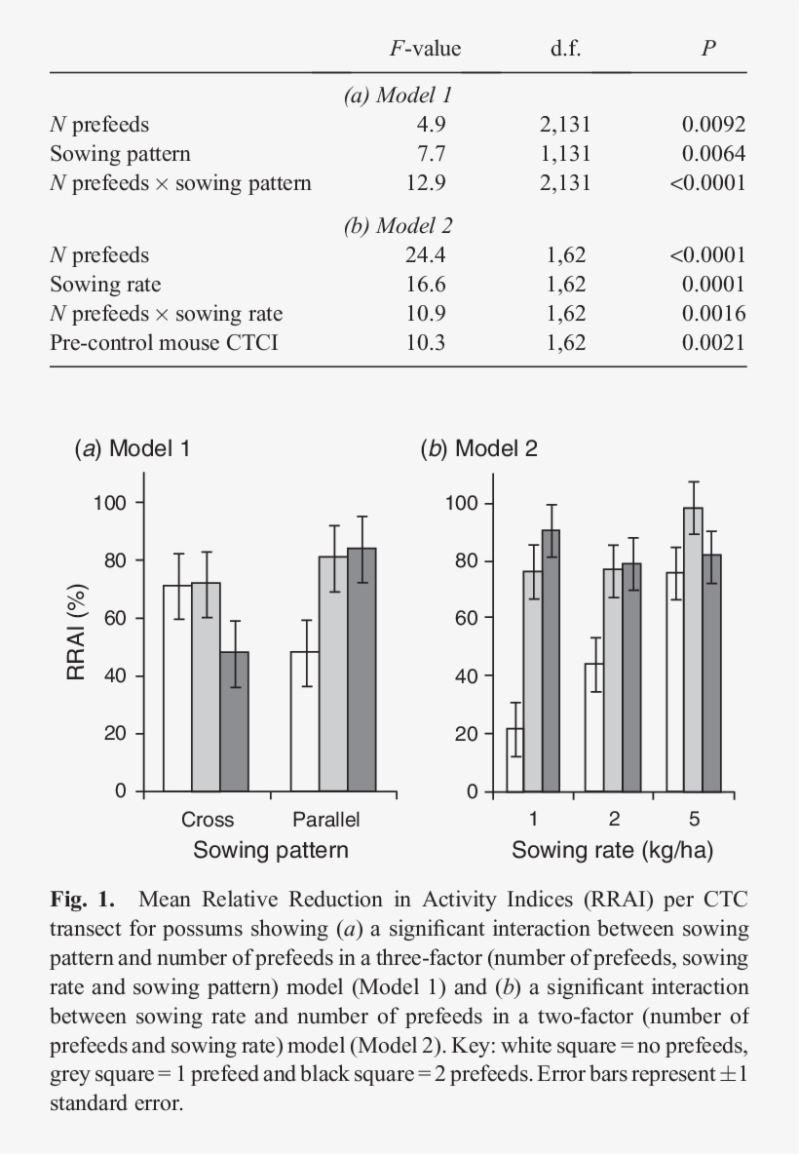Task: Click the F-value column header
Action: pyautogui.click(x=425, y=49)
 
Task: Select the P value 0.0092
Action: pyautogui.click(x=713, y=125)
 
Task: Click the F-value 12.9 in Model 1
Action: pyautogui.click(x=426, y=182)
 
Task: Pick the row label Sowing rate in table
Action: pyautogui.click(x=105, y=285)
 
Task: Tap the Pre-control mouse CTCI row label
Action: pyautogui.click(x=164, y=342)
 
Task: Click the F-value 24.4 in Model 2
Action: pyautogui.click(x=426, y=255)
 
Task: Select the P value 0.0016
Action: pyautogui.click(x=713, y=314)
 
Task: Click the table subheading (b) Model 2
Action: pyautogui.click(x=398, y=226)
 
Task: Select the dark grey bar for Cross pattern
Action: pyautogui.click(x=234, y=721)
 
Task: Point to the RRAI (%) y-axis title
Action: pyautogui.click(x=79, y=632)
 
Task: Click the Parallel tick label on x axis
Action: pyautogui.click(x=326, y=820)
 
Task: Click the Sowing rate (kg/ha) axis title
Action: pyautogui.click(x=612, y=850)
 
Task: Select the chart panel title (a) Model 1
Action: pyautogui.click(x=133, y=449)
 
